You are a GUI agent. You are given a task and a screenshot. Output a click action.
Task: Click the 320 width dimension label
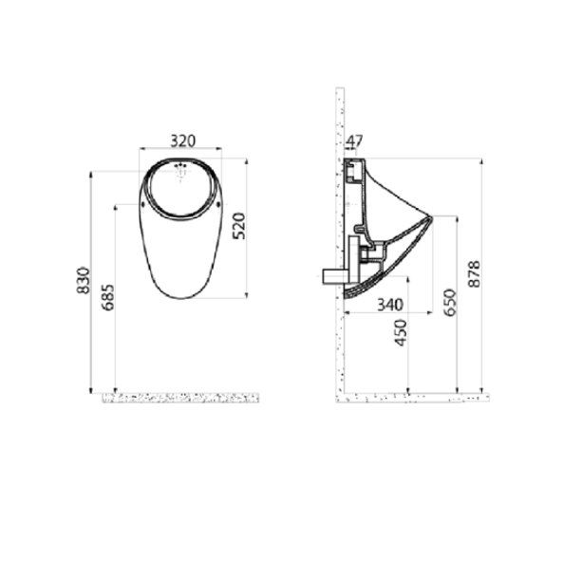point(182,140)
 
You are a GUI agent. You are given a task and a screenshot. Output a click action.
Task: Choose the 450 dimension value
point(402,332)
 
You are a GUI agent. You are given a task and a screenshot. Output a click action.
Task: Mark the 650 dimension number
point(450,301)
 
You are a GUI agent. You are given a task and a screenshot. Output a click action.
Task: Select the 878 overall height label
point(476,273)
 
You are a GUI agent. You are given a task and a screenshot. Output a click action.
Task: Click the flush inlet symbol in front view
point(182,172)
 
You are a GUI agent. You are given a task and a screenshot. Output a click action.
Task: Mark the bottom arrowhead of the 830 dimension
point(90,389)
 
